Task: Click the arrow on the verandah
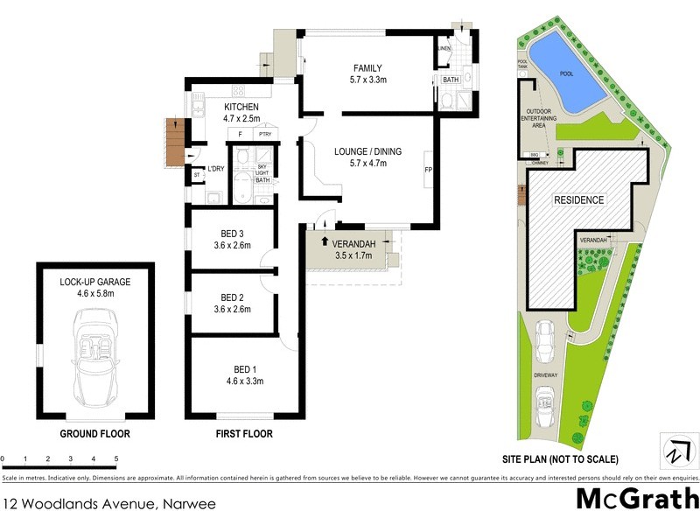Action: (325, 241)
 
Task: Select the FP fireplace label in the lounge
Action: (428, 169)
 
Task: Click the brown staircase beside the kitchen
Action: (176, 142)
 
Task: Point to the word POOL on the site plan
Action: (566, 73)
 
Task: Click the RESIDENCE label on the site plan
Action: (579, 200)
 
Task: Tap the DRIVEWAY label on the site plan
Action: (547, 374)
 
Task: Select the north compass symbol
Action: (675, 452)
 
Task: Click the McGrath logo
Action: (637, 500)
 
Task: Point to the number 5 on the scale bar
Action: (116, 458)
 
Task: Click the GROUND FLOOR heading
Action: (94, 434)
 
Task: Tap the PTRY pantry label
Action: (263, 135)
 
